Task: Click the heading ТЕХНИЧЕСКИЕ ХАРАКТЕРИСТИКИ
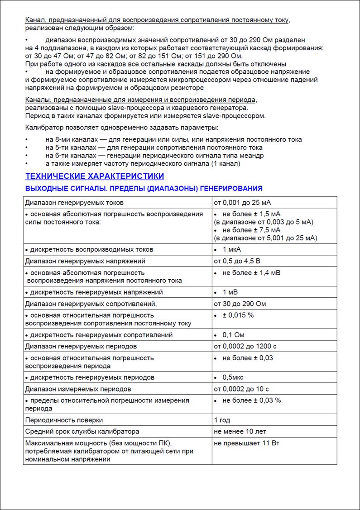(94, 176)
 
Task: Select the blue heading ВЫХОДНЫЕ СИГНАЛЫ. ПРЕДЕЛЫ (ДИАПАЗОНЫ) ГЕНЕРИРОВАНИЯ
(144, 188)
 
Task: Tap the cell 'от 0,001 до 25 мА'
(242, 202)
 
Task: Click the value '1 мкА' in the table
(232, 249)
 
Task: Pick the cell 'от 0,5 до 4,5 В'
(237, 261)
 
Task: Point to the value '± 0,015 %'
(238, 315)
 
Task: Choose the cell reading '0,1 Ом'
(234, 335)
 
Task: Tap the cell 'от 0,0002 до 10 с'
(241, 389)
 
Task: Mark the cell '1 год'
(222, 420)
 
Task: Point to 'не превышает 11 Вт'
(246, 443)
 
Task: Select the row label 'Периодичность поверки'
(64, 420)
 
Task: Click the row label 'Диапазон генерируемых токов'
(74, 202)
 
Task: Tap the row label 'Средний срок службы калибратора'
(82, 431)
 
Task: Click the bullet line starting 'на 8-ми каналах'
(173, 140)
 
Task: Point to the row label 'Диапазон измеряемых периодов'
(78, 389)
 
